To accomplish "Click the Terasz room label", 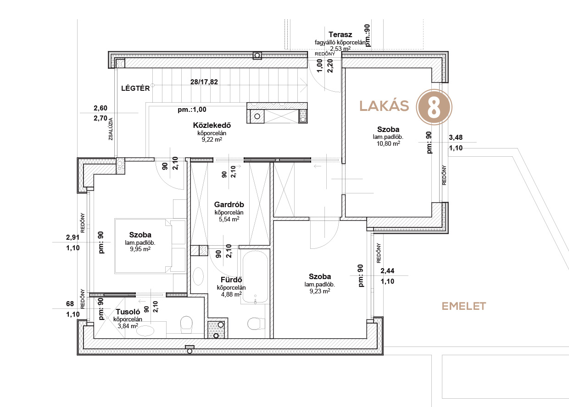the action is [340, 34].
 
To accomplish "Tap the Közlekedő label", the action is [212, 125].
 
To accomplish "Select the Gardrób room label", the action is [229, 204].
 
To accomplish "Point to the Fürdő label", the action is [231, 280].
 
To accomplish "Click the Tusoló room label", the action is [128, 312].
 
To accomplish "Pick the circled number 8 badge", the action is [434, 107].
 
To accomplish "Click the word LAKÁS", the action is [384, 106].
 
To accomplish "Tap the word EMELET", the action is [464, 306].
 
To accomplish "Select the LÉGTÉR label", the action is [135, 88].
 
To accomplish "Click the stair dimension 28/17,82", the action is [204, 82].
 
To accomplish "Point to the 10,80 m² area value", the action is [388, 143].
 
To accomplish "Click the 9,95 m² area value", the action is [140, 249].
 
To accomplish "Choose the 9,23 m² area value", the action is [319, 291].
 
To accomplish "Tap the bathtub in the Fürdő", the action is [255, 277].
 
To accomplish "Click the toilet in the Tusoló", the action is [186, 324].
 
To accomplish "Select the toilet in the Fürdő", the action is [254, 324].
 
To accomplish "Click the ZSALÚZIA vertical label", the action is [111, 129].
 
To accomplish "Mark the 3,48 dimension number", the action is [456, 137].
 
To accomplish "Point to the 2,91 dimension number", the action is [73, 237].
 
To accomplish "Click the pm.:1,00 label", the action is [192, 110].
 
